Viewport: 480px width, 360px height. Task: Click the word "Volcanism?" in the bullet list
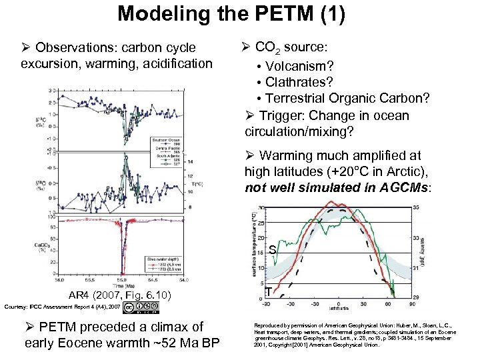pyautogui.click(x=299, y=67)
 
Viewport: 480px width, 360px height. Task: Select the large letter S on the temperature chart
pyautogui.click(x=272, y=250)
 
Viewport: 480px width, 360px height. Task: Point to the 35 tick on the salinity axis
pyautogui.click(x=416, y=208)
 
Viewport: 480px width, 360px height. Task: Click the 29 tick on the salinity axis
pyautogui.click(x=416, y=296)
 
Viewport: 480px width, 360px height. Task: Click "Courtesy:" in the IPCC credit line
pyautogui.click(x=17, y=307)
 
